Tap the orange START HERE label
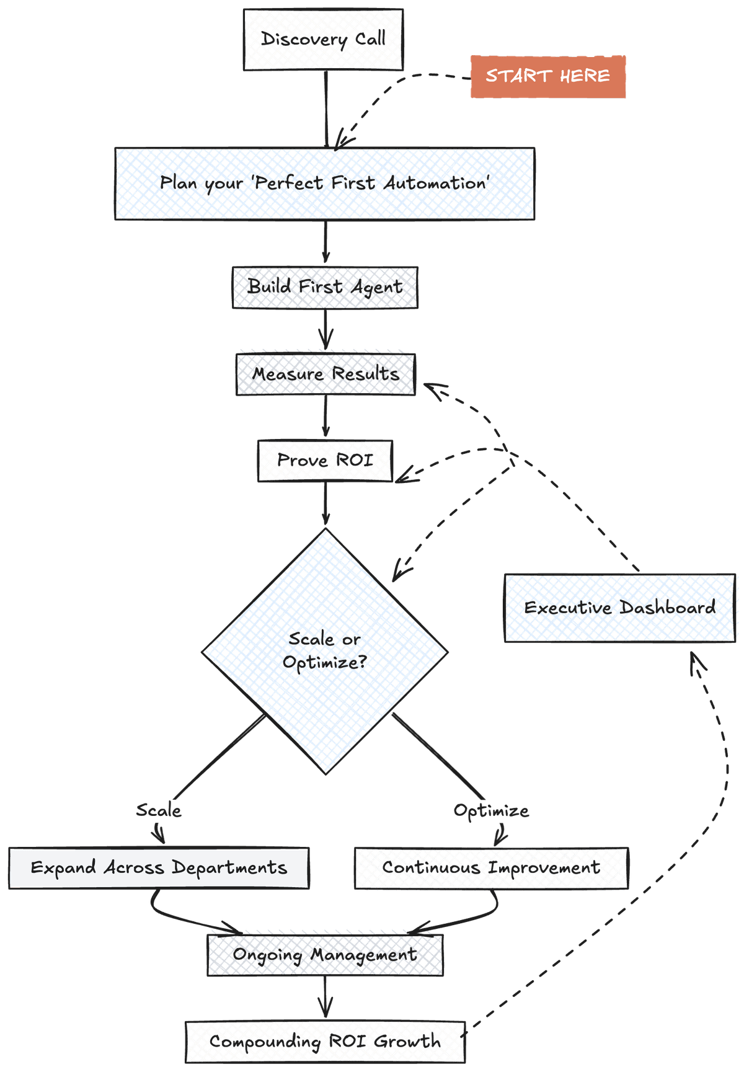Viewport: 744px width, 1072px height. pyautogui.click(x=548, y=76)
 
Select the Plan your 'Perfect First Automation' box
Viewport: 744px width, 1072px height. pyautogui.click(x=324, y=184)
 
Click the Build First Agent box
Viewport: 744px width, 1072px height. pyautogui.click(x=325, y=287)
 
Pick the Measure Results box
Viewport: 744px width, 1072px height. pyautogui.click(x=325, y=374)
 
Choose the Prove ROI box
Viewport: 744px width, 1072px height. pyautogui.click(x=325, y=461)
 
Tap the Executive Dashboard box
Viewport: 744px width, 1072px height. pyautogui.click(x=620, y=608)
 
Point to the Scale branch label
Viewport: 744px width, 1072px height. pyautogui.click(x=159, y=810)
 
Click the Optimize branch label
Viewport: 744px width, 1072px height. pyautogui.click(x=491, y=810)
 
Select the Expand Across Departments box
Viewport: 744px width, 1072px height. pyautogui.click(x=159, y=867)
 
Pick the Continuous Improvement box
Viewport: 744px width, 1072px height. pyautogui.click(x=491, y=867)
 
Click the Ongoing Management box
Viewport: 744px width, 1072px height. pyautogui.click(x=325, y=955)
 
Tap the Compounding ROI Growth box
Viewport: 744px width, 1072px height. pyautogui.click(x=325, y=1042)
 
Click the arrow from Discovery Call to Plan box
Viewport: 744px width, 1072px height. pyautogui.click(x=325, y=109)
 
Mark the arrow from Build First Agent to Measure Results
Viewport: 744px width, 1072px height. pyautogui.click(x=325, y=330)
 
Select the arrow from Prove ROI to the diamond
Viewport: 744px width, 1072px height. pyautogui.click(x=325, y=503)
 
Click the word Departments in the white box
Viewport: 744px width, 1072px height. pyautogui.click(x=229, y=867)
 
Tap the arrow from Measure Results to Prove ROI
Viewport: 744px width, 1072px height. pyautogui.click(x=325, y=417)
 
